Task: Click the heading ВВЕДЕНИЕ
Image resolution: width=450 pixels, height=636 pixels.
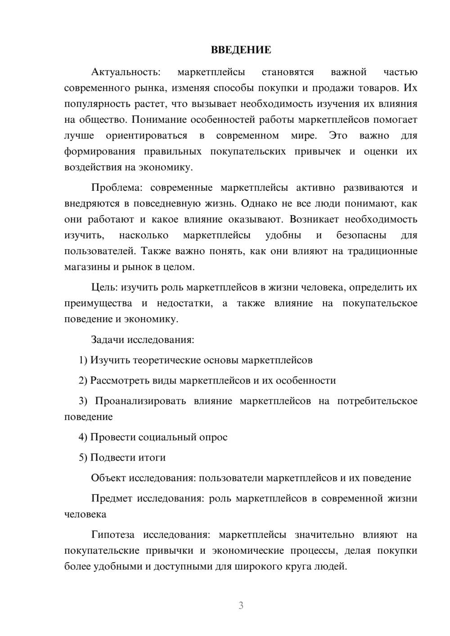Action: (241, 50)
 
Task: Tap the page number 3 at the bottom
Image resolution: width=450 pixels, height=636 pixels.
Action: (241, 605)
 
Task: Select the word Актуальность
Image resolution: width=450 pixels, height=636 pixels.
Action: (125, 72)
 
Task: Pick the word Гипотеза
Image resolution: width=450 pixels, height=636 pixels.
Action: (112, 535)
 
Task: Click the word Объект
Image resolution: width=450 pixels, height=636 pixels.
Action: (108, 478)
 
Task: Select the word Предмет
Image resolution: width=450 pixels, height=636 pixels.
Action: (112, 498)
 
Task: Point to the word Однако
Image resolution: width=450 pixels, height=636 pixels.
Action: (259, 203)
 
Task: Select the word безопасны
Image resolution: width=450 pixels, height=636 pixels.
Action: (361, 235)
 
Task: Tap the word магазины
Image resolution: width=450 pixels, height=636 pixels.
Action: (86, 267)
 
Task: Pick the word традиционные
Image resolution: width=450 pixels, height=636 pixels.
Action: (382, 251)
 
